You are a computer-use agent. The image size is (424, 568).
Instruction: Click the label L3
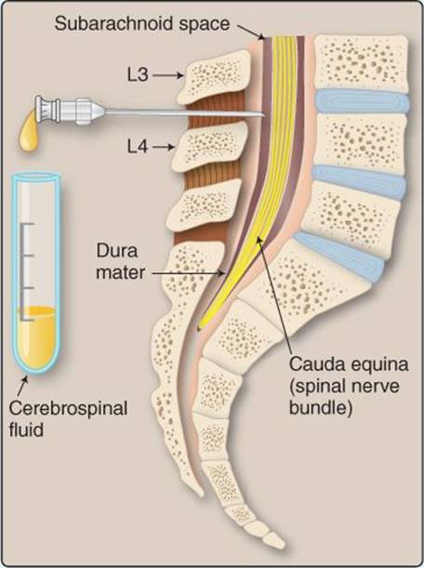click(138, 75)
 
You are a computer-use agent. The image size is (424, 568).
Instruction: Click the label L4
click(138, 147)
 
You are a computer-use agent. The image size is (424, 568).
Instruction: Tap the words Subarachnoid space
click(142, 24)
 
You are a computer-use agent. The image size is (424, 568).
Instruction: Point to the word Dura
click(116, 251)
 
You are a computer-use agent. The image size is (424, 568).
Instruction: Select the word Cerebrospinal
click(68, 409)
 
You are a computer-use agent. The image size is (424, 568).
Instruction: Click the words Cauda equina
click(349, 364)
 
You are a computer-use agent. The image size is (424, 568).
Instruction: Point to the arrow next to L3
click(167, 75)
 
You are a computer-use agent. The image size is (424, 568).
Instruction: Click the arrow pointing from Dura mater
click(188, 273)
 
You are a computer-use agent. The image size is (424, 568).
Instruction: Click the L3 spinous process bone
click(214, 76)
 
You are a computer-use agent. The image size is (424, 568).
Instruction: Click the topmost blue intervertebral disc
click(363, 100)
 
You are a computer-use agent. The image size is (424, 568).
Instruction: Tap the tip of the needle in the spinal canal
click(263, 115)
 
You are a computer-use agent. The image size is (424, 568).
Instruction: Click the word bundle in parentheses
click(321, 408)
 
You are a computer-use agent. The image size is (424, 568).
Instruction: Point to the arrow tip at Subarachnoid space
click(263, 38)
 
